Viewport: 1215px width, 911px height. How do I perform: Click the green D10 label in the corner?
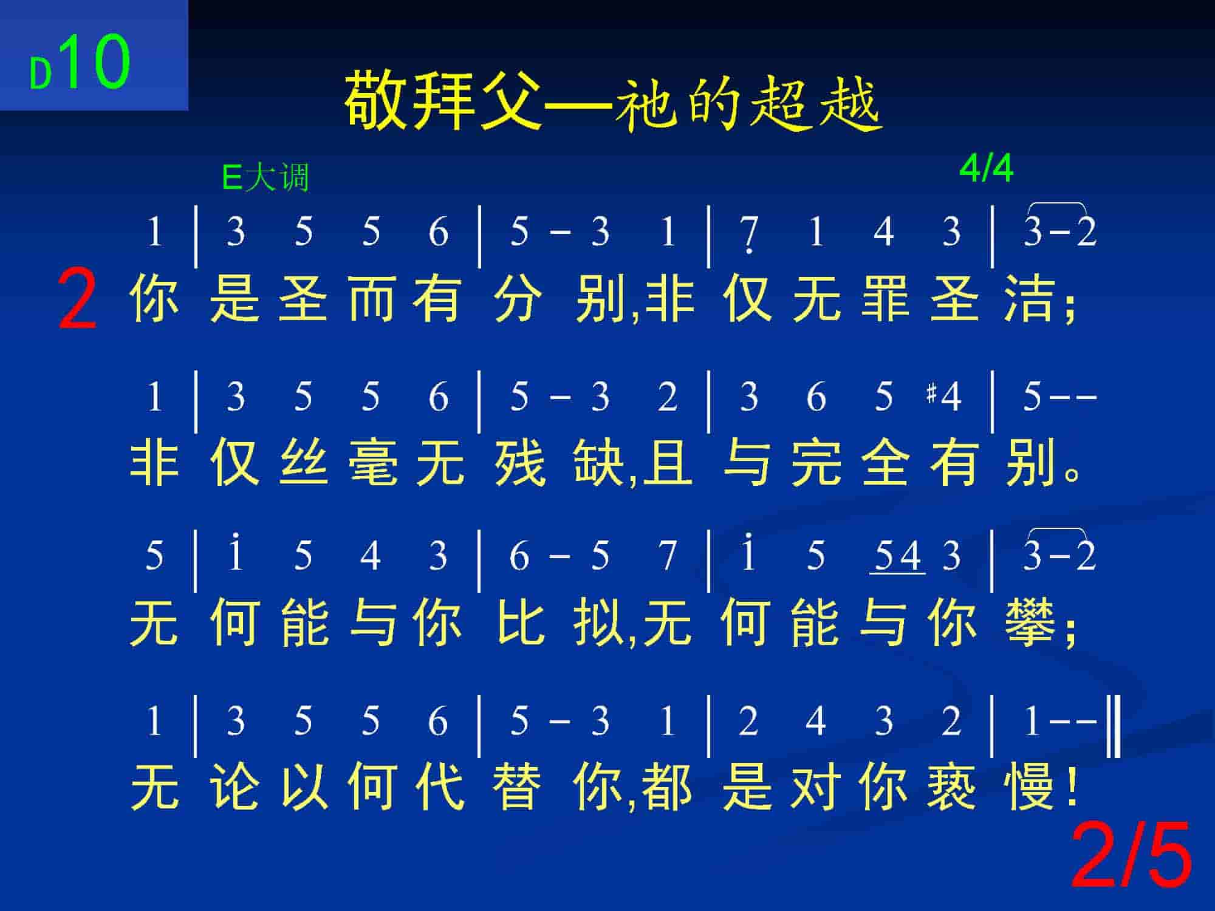pyautogui.click(x=80, y=63)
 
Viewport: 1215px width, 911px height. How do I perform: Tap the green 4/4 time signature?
pyautogui.click(x=986, y=169)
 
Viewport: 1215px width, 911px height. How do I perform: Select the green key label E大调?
pyautogui.click(x=266, y=178)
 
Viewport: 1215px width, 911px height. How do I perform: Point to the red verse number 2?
pyautogui.click(x=77, y=301)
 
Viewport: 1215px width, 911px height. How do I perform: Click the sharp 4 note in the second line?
pyautogui.click(x=943, y=397)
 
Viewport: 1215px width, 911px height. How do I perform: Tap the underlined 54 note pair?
pyautogui.click(x=898, y=556)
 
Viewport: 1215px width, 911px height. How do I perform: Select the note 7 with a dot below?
pyautogui.click(x=749, y=234)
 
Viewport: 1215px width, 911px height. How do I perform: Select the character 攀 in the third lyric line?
pyautogui.click(x=1030, y=623)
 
